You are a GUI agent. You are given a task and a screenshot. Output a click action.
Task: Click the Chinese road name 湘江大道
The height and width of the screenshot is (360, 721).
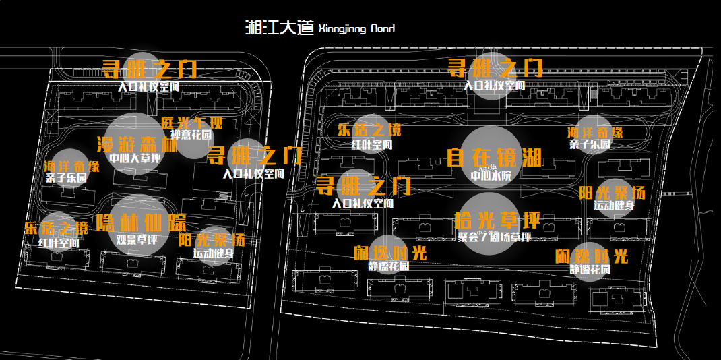point(280,28)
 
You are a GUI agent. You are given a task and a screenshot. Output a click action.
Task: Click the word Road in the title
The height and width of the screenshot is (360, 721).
point(383,29)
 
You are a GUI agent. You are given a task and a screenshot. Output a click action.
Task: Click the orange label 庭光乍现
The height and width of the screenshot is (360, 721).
point(191,123)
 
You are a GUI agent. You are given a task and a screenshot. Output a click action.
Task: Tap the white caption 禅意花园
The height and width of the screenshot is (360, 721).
point(191,135)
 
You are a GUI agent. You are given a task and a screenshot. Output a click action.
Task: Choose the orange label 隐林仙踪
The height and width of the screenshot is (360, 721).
point(141,223)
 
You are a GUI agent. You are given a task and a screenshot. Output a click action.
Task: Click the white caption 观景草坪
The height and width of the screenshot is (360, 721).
point(137,239)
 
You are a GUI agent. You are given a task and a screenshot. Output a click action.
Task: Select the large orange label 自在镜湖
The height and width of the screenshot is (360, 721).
point(494,158)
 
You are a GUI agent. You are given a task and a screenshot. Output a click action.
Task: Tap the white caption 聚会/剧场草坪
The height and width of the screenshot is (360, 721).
point(494,237)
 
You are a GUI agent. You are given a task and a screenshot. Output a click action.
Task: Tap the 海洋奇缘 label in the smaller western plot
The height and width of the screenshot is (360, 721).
point(71,166)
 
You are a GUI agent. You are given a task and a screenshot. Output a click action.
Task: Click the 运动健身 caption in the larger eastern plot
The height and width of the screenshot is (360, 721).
point(613,206)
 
